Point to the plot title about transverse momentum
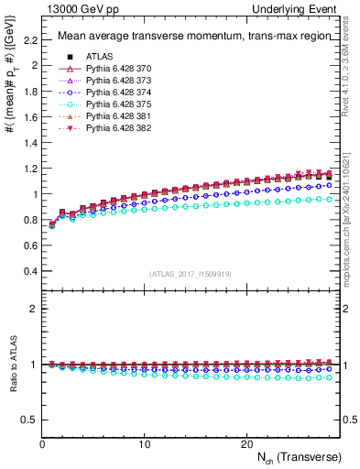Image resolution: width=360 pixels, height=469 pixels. [188, 37]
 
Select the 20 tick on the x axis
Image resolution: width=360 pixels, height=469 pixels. [246, 444]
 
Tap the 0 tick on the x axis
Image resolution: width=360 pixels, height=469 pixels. [42, 444]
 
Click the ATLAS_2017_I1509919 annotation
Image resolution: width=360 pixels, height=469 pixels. [189, 274]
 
